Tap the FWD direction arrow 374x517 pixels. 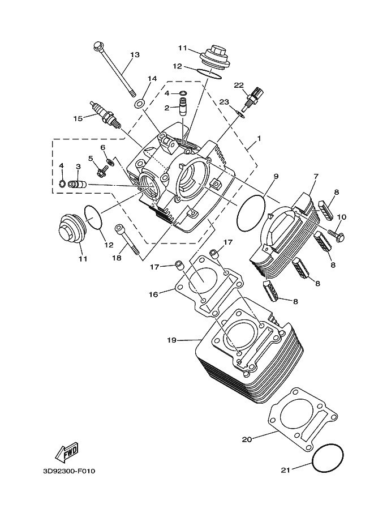67,451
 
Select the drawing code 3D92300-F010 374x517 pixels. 69,471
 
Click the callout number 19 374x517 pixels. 171,340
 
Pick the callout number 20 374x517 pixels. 247,439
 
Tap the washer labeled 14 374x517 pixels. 139,104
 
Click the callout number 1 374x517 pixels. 259,139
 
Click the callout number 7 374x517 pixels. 316,177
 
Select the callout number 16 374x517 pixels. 153,294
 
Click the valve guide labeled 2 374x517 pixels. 183,106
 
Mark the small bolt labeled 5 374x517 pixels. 102,170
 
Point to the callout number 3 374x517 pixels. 78,166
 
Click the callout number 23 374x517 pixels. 224,102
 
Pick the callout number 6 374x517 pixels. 103,147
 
